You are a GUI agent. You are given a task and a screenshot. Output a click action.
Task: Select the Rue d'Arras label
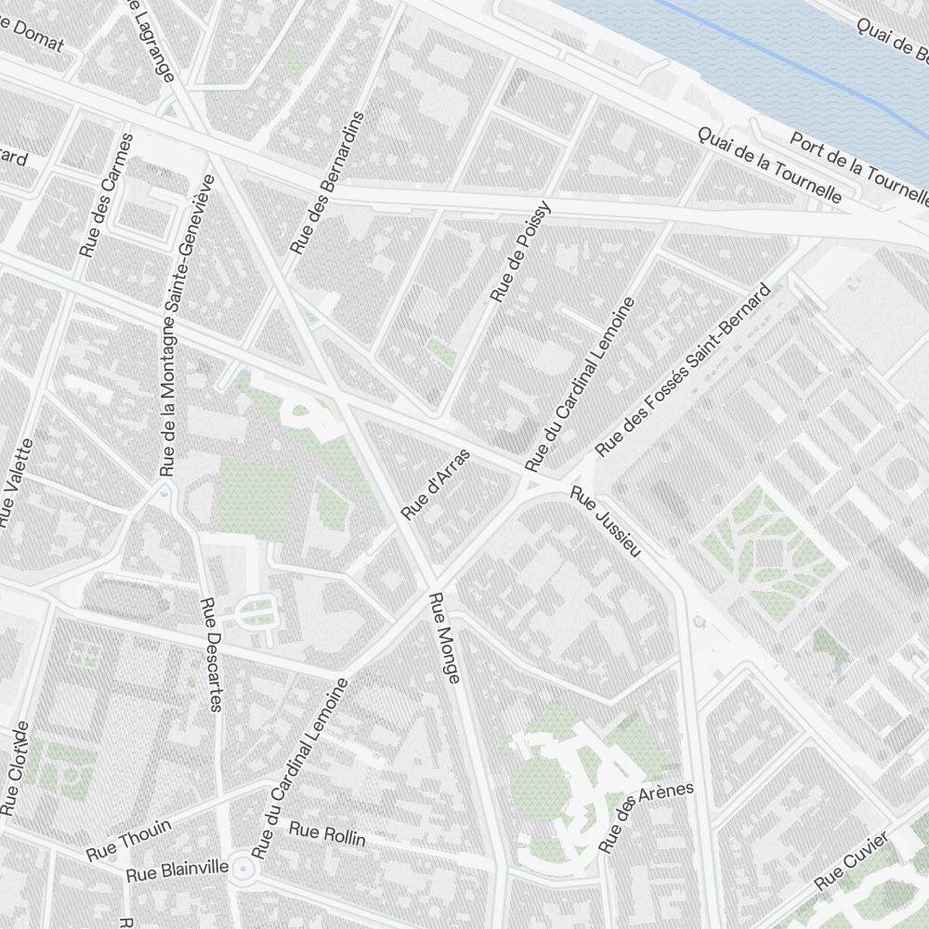436,484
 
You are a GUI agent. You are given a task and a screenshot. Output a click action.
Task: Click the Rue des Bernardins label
327,183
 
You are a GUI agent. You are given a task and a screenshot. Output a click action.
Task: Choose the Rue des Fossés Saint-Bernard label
682,371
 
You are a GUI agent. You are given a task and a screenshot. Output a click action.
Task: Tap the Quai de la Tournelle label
770,164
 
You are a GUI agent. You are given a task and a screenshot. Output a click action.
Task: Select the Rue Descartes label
210,654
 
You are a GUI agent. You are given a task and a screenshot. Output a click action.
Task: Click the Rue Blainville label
177,870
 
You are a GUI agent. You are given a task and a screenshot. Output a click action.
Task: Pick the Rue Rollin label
327,833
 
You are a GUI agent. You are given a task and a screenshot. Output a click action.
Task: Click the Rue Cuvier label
853,859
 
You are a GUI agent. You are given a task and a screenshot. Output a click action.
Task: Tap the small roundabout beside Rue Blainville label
244,870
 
